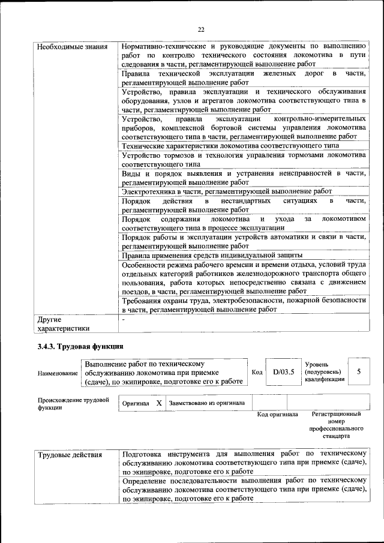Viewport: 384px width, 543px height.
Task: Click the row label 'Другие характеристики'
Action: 63,323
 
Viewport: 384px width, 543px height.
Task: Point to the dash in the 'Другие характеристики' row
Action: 123,320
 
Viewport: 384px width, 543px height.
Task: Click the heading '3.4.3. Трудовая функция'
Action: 80,346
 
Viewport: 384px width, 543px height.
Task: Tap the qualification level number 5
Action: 359,372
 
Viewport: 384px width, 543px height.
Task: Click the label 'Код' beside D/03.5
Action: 257,373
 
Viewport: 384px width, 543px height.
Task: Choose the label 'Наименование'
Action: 58,373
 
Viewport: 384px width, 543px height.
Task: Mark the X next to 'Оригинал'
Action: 159,403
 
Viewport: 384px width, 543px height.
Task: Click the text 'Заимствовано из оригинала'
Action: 207,403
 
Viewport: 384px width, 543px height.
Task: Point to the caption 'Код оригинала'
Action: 277,415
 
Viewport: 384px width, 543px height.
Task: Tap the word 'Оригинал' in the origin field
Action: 136,404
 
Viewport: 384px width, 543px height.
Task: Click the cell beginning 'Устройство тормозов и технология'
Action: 244,158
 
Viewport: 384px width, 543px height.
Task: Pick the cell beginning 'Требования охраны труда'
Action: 244,305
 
